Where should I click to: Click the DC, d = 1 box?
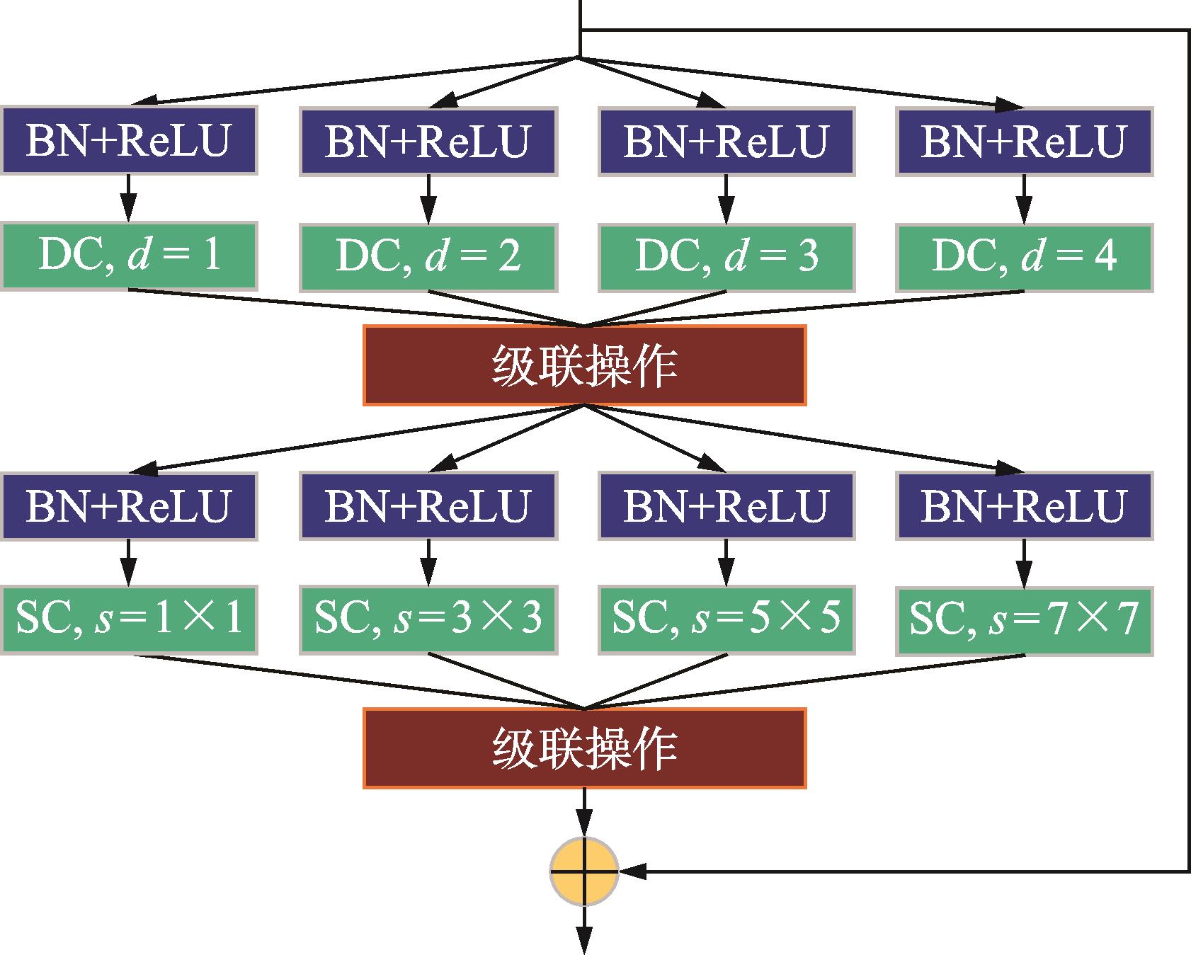click(x=128, y=256)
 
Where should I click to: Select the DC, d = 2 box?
click(x=428, y=257)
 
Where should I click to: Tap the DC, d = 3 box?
click(x=726, y=257)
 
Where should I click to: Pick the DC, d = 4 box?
click(x=1024, y=257)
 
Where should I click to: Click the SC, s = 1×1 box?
click(x=128, y=619)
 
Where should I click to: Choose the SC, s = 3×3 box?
click(x=428, y=619)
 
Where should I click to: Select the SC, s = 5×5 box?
click(x=726, y=619)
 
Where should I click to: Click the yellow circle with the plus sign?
click(x=584, y=871)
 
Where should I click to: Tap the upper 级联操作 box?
click(x=584, y=365)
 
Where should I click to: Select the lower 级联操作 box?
click(x=584, y=748)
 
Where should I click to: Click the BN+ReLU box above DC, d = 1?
click(x=128, y=141)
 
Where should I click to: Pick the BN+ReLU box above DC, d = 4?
click(x=1024, y=141)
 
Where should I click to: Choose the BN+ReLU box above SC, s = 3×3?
click(x=428, y=505)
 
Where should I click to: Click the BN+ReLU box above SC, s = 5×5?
click(x=726, y=505)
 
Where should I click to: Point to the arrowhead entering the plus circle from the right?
click(x=634, y=871)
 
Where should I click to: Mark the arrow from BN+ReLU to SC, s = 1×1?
click(x=128, y=563)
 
